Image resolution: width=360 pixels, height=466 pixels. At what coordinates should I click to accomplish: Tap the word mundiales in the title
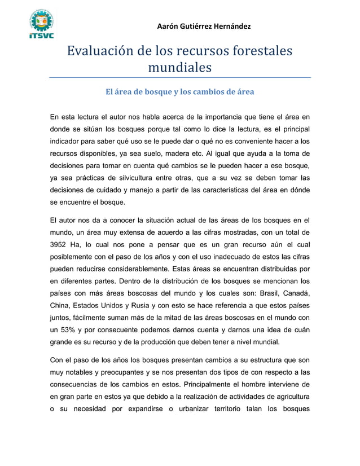(179, 68)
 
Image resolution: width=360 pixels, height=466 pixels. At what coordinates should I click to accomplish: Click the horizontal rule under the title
(179, 77)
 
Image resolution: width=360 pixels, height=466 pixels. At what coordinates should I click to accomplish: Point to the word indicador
(67, 140)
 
